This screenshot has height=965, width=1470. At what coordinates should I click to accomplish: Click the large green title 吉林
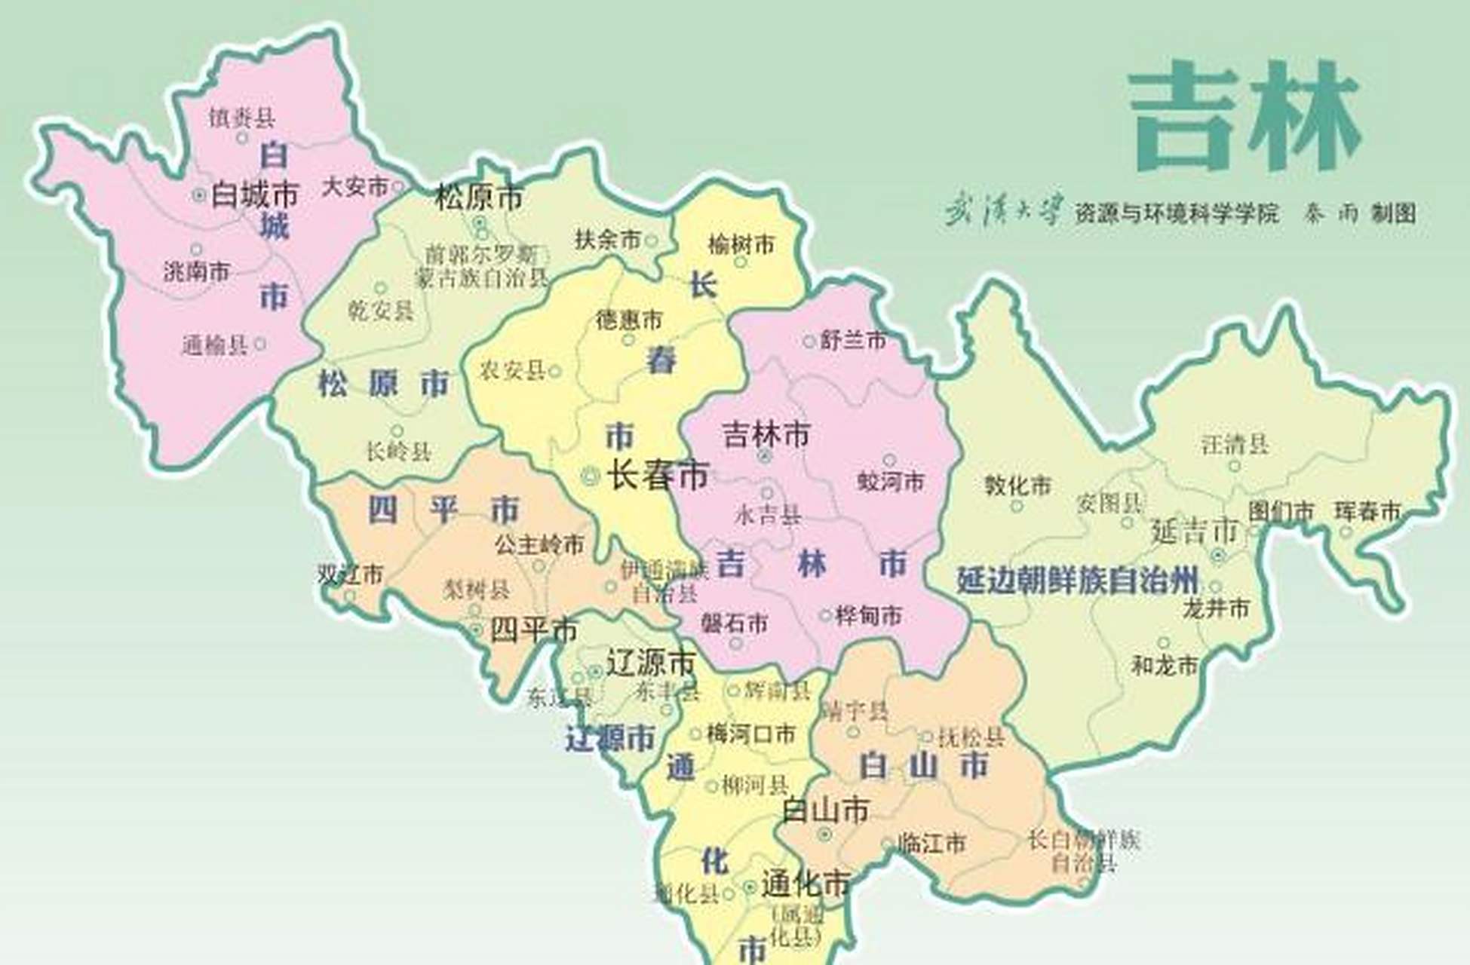click(x=1244, y=117)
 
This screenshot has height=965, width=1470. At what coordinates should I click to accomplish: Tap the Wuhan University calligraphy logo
click(x=1004, y=210)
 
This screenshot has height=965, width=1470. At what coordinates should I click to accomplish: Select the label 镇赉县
click(x=242, y=117)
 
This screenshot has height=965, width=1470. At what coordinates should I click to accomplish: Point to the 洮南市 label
click(x=197, y=271)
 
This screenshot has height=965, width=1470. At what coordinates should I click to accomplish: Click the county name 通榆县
click(x=215, y=345)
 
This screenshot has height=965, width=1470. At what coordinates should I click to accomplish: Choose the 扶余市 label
click(x=607, y=240)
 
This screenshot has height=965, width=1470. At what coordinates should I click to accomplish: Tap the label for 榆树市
click(x=741, y=244)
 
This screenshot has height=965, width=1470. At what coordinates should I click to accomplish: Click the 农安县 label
click(x=513, y=370)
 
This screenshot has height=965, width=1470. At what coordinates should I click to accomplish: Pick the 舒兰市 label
click(x=853, y=341)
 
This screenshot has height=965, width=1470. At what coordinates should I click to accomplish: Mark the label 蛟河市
click(x=890, y=481)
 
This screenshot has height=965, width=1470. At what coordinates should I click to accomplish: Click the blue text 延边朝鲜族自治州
click(x=1077, y=581)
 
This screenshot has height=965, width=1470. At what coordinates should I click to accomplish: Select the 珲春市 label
click(x=1367, y=511)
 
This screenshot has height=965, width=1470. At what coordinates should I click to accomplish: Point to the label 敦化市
click(x=1017, y=486)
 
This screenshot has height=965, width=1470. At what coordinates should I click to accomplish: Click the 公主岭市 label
click(x=539, y=544)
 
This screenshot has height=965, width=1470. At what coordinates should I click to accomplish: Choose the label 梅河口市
click(x=750, y=734)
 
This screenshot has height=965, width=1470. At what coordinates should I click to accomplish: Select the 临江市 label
click(x=931, y=843)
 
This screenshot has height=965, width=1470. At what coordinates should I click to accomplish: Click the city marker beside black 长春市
click(x=591, y=476)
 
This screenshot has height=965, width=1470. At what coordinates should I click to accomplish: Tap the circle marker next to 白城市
click(x=199, y=195)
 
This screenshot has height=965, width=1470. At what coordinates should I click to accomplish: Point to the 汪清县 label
click(x=1235, y=444)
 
